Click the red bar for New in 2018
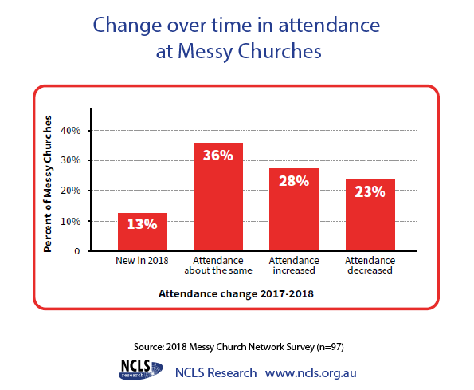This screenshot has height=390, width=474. pos(143,232)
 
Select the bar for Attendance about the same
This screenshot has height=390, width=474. pos(218,197)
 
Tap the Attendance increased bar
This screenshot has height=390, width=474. pos(294,210)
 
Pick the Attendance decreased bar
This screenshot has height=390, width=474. pos(370,215)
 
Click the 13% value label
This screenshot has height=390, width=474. pos(143,224)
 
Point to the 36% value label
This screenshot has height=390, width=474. pos(218,156)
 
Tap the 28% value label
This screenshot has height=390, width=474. pos(294,181)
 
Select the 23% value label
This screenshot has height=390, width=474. pos(370,192)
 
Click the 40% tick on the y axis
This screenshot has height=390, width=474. pos(70,131)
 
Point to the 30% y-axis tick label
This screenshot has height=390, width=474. pos(70,160)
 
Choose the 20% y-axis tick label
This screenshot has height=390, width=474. pos(70,191)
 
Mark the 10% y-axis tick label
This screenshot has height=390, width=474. pos(70,222)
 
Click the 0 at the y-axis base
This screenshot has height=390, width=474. pos(77,251)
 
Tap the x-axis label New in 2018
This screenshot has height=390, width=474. pos(142,261)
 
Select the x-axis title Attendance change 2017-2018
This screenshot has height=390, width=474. pos(236,293)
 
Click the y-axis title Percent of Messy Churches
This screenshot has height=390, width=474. pos(48,183)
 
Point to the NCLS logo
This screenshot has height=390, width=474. pos(140,370)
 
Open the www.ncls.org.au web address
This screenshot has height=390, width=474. pos(311,373)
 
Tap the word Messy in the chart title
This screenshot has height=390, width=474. pos(205,52)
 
